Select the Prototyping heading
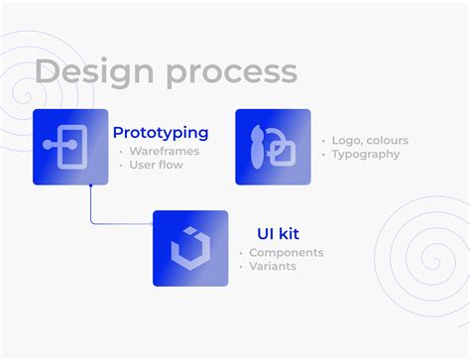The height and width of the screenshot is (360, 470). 161,132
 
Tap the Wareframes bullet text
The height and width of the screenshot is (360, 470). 165,152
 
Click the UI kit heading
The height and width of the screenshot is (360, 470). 278,234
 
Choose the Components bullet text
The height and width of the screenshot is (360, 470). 286,253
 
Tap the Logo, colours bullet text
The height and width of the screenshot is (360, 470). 369,140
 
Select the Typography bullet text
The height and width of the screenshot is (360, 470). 366,155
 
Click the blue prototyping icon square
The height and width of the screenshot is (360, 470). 70,147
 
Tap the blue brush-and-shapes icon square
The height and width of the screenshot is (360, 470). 273,147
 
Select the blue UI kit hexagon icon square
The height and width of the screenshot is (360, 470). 190,248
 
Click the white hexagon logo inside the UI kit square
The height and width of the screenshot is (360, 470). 190,248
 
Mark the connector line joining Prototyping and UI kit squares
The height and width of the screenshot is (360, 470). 92,208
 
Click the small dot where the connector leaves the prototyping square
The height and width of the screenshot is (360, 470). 91,184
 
